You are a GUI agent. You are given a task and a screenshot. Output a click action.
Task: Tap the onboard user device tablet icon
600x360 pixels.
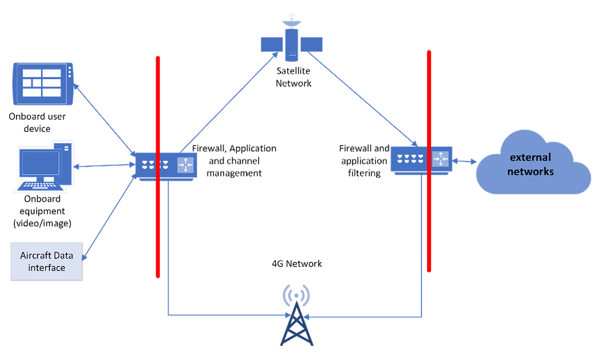(x=43, y=84)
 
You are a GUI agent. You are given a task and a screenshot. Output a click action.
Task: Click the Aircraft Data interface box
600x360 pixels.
(x=46, y=261)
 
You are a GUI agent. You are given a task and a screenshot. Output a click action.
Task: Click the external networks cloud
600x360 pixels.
(x=532, y=166)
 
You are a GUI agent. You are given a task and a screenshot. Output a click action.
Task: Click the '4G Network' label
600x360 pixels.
(x=297, y=264)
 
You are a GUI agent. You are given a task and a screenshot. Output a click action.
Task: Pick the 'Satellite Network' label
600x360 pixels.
(x=293, y=77)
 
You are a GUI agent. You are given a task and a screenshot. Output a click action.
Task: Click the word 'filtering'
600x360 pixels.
(x=364, y=173)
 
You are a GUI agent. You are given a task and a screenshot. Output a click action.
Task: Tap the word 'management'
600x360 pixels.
(x=234, y=173)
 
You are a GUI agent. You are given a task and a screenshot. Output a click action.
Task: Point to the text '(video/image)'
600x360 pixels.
(x=42, y=223)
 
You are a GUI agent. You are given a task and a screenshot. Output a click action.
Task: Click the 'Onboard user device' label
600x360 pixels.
(x=37, y=122)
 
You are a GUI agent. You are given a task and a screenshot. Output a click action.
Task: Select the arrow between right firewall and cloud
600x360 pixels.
(x=464, y=161)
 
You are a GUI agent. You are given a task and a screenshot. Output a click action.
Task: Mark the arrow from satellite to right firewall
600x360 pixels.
(x=362, y=98)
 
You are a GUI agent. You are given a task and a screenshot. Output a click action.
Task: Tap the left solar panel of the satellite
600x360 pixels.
(x=272, y=44)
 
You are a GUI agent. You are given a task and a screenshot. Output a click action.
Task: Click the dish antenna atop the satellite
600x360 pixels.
(x=292, y=22)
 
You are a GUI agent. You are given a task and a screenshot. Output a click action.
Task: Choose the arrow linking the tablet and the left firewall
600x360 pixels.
(x=104, y=120)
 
